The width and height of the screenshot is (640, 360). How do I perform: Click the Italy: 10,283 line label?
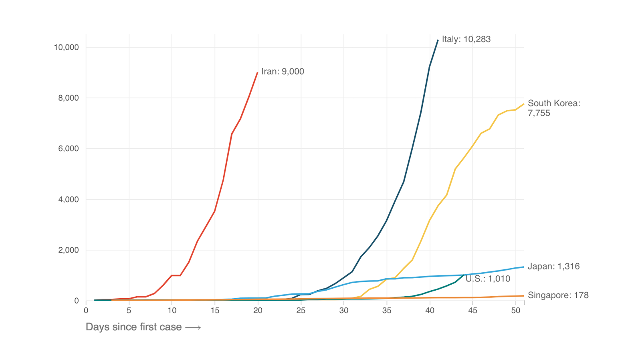pyautogui.click(x=466, y=39)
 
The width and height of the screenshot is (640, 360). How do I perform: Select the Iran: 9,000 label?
pyautogui.click(x=283, y=71)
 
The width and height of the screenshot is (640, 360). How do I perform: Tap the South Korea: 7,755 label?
pyautogui.click(x=553, y=108)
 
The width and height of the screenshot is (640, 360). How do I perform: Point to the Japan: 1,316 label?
pyautogui.click(x=553, y=266)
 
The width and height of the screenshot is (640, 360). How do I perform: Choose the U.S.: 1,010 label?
pyautogui.click(x=488, y=279)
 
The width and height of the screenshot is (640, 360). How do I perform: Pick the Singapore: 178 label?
pyautogui.click(x=558, y=295)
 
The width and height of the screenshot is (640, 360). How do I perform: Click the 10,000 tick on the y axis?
pyautogui.click(x=66, y=47)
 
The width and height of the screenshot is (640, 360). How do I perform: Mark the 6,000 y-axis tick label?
pyautogui.click(x=68, y=149)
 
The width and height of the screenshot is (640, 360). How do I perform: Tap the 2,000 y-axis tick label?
pyautogui.click(x=68, y=250)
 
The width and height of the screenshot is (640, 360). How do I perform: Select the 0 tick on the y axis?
pyautogui.click(x=77, y=301)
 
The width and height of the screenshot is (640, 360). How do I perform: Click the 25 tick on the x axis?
pyautogui.click(x=301, y=310)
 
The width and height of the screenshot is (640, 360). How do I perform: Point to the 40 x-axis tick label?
pyautogui.click(x=430, y=310)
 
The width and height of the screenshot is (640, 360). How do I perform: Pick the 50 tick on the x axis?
pyautogui.click(x=516, y=310)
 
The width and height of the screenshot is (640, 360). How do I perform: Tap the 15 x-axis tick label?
pyautogui.click(x=215, y=310)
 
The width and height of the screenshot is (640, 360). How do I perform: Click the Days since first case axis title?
pyautogui.click(x=133, y=327)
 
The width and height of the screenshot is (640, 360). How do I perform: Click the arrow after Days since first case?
pyautogui.click(x=193, y=328)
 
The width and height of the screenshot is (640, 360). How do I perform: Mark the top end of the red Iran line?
pyautogui.click(x=257, y=73)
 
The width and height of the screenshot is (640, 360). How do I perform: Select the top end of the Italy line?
pyautogui.click(x=438, y=40)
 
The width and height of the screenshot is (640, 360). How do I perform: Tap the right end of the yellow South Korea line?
pyautogui.click(x=524, y=104)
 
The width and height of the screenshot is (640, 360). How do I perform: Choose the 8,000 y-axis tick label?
pyautogui.click(x=68, y=98)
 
